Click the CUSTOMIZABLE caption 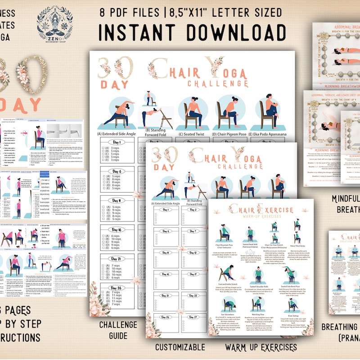[180, 347]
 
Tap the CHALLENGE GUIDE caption [118, 329]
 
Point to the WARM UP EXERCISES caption [261, 347]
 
